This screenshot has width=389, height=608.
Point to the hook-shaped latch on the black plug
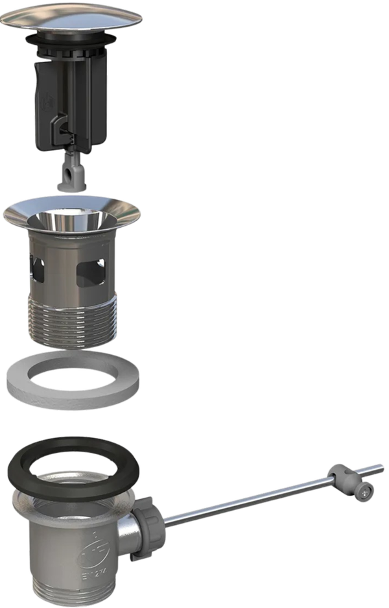tap(60, 127)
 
